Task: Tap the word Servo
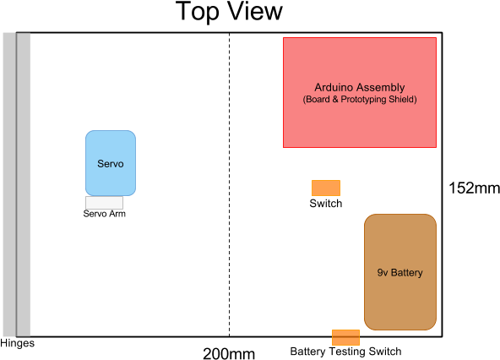(x=110, y=164)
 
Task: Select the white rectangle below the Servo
(x=104, y=203)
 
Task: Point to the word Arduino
(x=334, y=88)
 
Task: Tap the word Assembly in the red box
(x=381, y=88)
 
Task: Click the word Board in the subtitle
(x=318, y=100)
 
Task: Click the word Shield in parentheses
(x=401, y=100)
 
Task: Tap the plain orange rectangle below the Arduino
(x=326, y=188)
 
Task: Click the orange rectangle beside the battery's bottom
(x=345, y=337)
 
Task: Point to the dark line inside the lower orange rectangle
(x=345, y=338)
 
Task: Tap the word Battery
(x=406, y=273)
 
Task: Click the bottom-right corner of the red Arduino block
(x=436, y=147)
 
